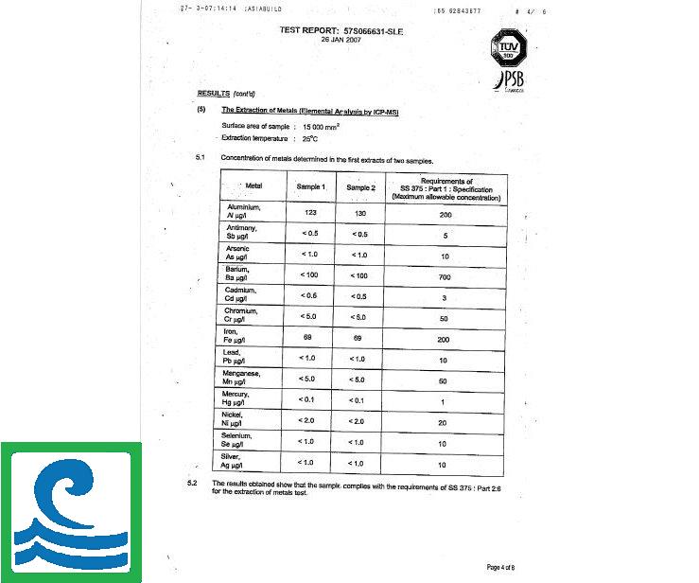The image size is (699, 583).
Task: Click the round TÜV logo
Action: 501,42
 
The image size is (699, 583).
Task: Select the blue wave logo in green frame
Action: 71,512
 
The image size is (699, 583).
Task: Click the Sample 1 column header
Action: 311,187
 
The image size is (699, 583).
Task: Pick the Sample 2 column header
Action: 360,187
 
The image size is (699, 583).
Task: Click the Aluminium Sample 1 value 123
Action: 309,213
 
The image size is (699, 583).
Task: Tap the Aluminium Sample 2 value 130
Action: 359,213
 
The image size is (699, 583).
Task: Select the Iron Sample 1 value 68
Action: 307,337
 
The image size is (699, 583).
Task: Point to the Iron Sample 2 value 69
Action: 358,337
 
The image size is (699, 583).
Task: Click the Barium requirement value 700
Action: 442,275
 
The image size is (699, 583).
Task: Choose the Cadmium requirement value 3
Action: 442,296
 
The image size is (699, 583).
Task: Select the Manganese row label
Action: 243,378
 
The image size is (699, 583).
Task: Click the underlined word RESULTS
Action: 213,93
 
